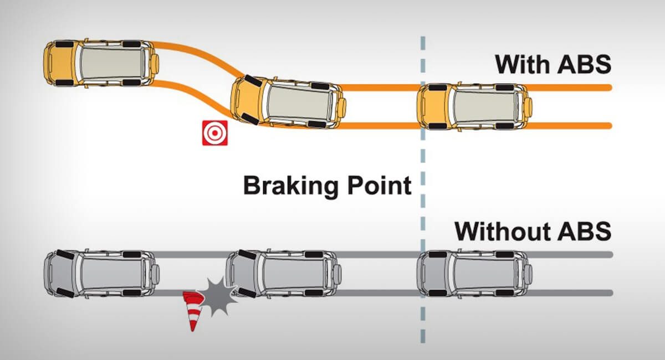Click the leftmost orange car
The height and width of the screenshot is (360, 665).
[x=103, y=62]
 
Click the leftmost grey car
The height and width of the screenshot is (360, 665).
[x=102, y=274]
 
